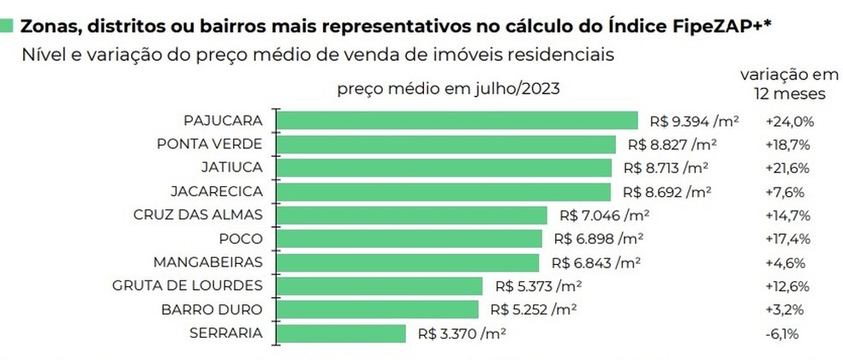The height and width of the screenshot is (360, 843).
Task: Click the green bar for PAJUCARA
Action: click(x=458, y=120)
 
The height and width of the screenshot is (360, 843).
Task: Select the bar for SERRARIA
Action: click(x=343, y=333)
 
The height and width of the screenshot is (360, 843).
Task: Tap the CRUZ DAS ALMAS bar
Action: click(x=413, y=214)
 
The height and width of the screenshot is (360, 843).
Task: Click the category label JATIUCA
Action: click(x=226, y=167)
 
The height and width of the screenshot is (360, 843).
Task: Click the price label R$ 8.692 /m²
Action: click(x=667, y=191)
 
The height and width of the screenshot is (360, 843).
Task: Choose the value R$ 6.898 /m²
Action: click(x=599, y=238)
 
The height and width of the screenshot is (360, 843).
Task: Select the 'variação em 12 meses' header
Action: click(x=783, y=83)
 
